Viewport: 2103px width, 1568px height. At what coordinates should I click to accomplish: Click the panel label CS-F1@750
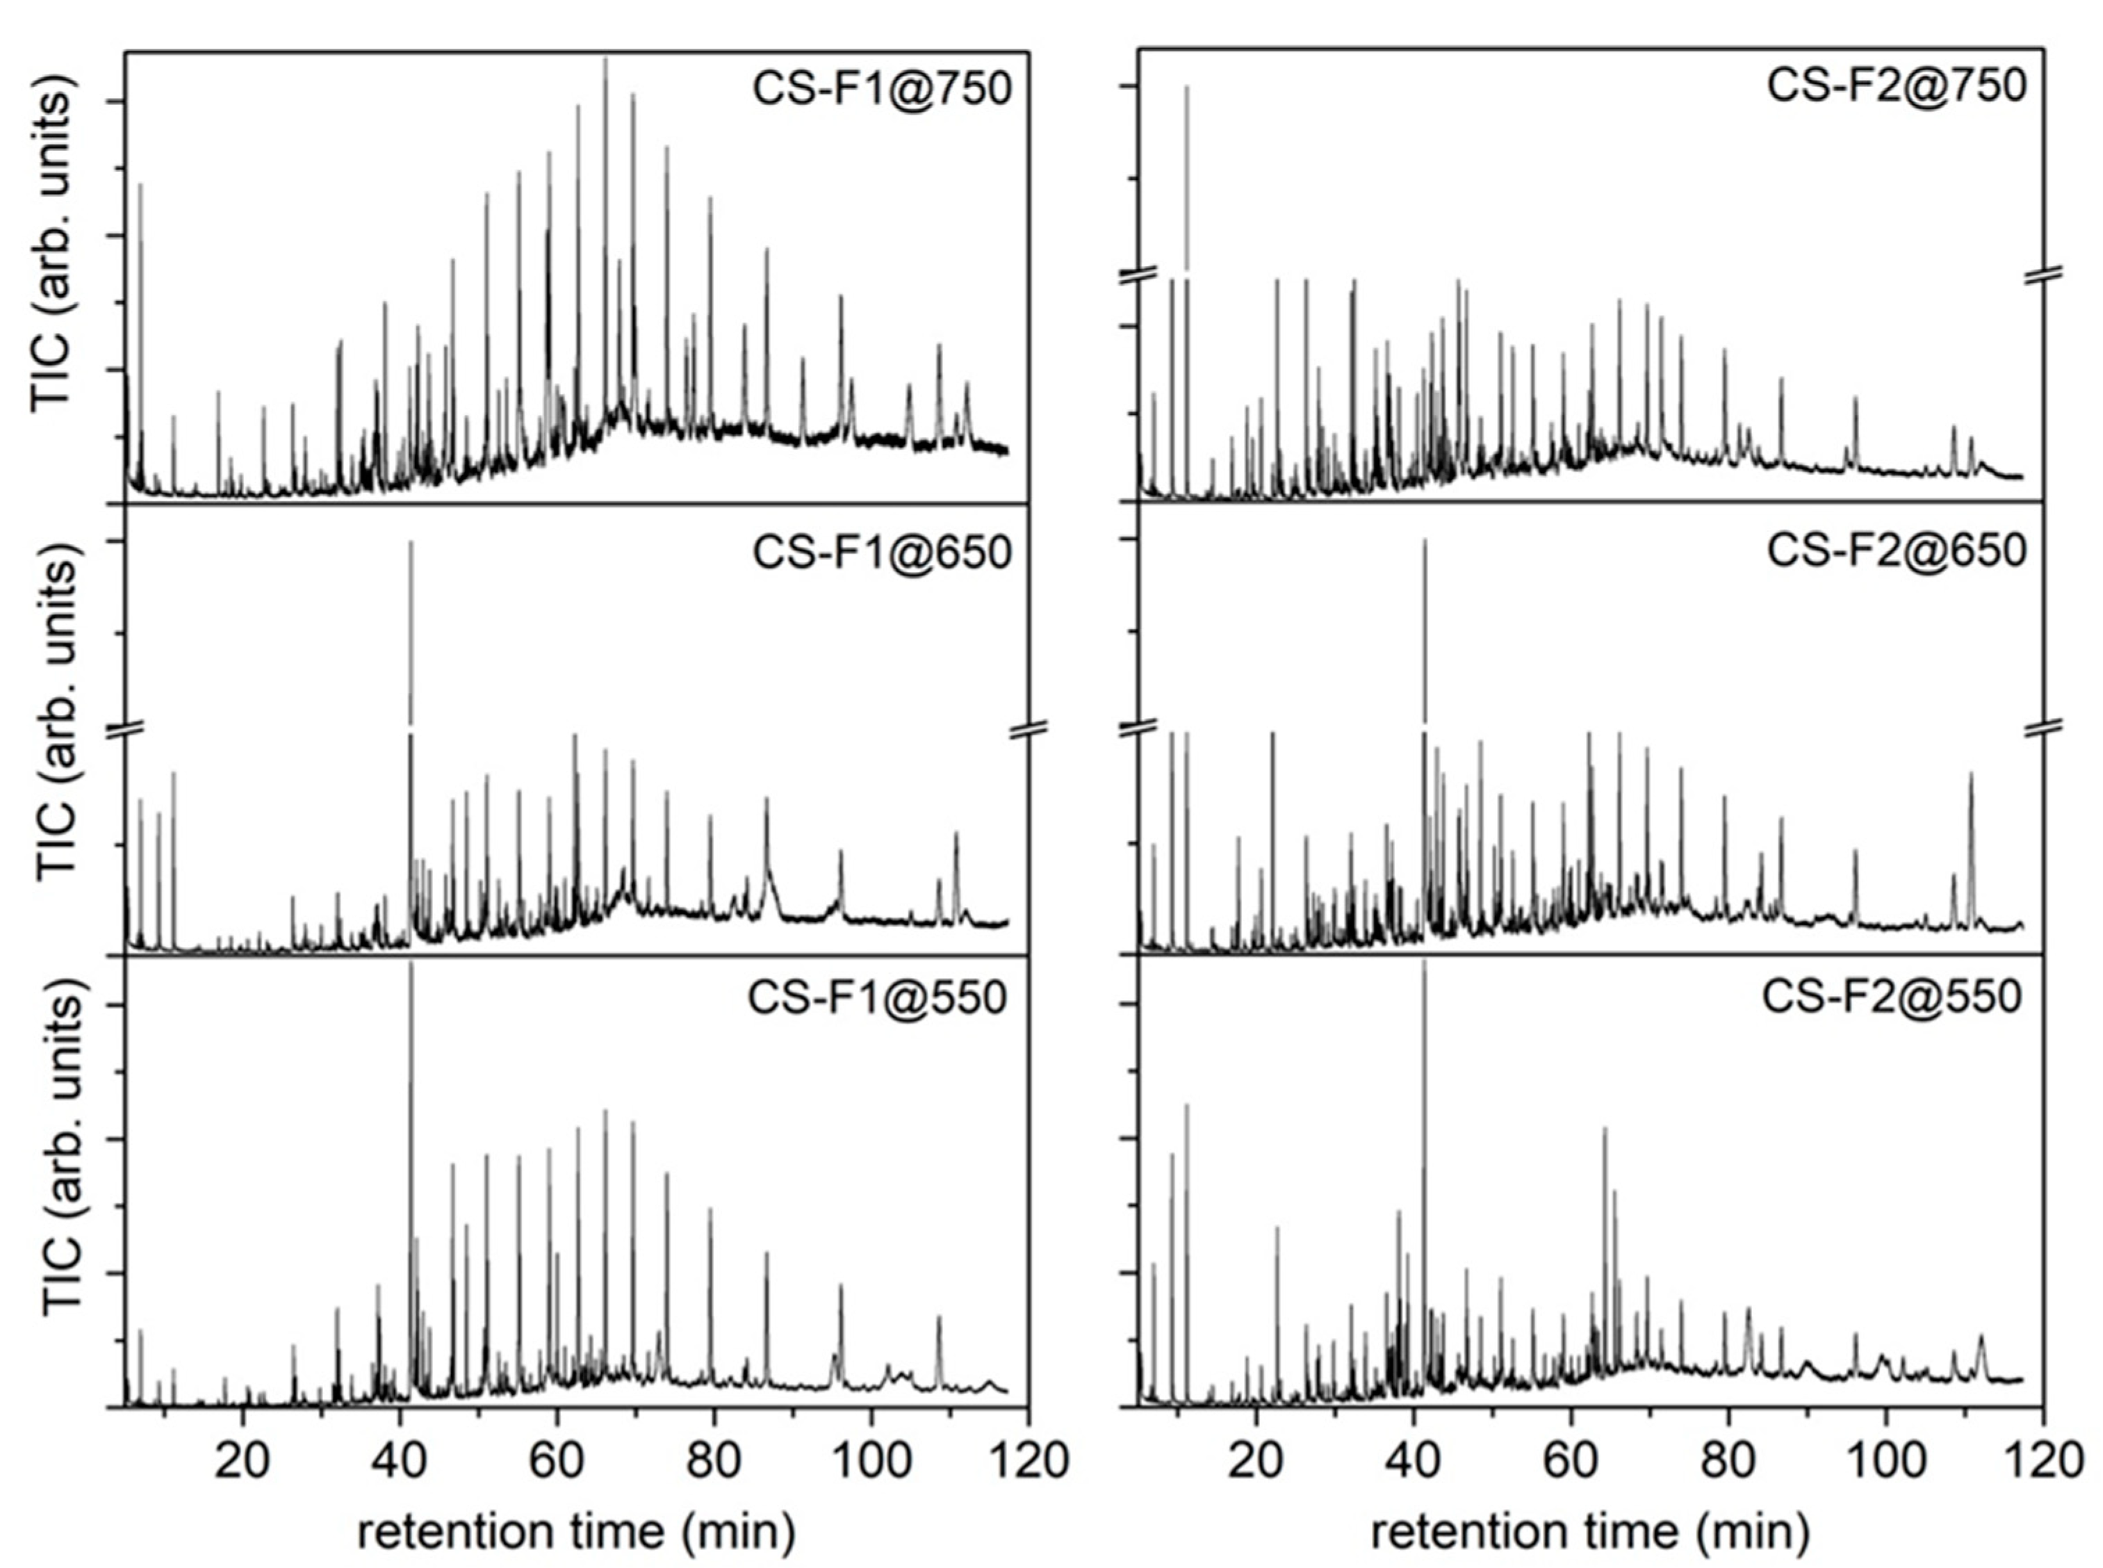pos(882,88)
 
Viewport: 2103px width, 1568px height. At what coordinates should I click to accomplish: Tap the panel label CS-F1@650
pos(882,553)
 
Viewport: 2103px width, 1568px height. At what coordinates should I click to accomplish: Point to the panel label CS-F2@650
pos(1895,550)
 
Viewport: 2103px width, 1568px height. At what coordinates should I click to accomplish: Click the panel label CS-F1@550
pos(877,999)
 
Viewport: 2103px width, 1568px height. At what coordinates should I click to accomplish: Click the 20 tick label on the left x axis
pos(243,1460)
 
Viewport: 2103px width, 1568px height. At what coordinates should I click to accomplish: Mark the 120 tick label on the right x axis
pos(2040,1460)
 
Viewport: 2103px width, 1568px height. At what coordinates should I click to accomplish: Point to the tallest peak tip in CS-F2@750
pos(1186,88)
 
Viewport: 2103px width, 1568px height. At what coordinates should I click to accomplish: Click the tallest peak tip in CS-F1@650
pos(410,542)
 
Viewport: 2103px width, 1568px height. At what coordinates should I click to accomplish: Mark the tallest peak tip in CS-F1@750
pos(605,59)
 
